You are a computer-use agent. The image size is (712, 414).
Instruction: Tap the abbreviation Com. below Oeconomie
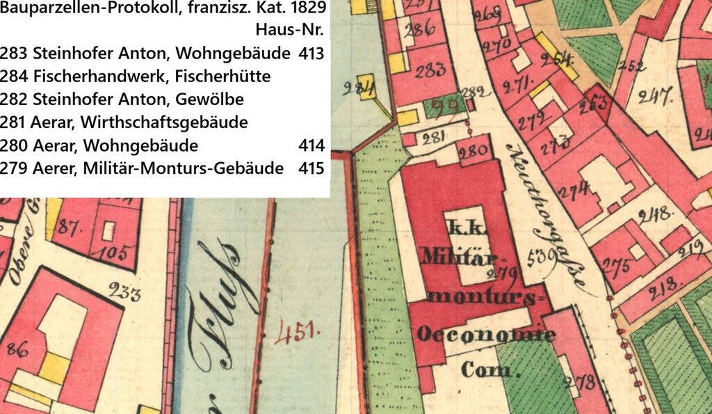click(x=487, y=369)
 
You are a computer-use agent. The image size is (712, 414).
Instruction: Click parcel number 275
click(x=616, y=266)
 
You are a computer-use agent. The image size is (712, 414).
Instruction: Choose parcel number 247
click(x=655, y=95)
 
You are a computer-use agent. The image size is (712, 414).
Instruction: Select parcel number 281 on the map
click(x=433, y=136)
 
